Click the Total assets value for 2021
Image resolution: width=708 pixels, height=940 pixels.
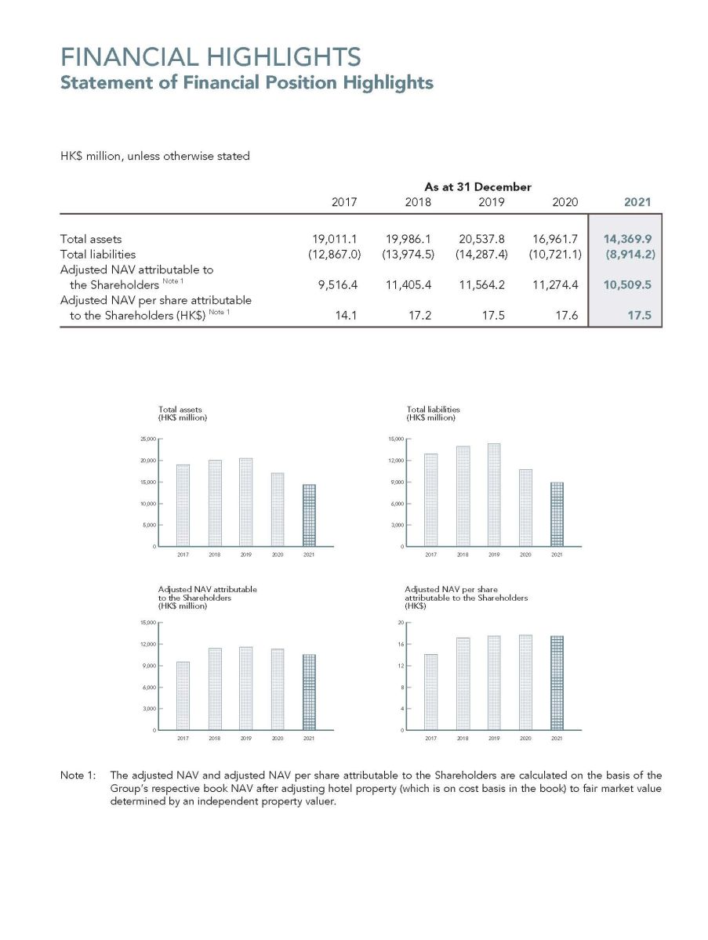(x=627, y=239)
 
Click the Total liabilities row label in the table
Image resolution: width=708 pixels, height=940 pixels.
(x=98, y=254)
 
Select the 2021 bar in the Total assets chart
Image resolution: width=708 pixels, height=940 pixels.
(x=309, y=515)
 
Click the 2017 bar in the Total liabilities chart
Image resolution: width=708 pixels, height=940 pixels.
(x=430, y=500)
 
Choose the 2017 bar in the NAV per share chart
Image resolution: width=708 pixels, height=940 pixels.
(x=430, y=692)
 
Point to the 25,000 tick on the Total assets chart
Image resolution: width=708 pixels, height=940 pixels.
(x=146, y=439)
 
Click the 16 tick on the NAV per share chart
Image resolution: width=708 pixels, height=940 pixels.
(x=401, y=645)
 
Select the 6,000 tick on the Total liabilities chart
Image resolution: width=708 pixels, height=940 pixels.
(x=394, y=504)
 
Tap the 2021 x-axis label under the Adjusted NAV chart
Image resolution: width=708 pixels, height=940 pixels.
(x=309, y=738)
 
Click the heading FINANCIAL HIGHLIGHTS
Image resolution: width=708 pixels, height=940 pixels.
(x=211, y=57)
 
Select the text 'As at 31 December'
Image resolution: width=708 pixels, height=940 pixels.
(x=477, y=186)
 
